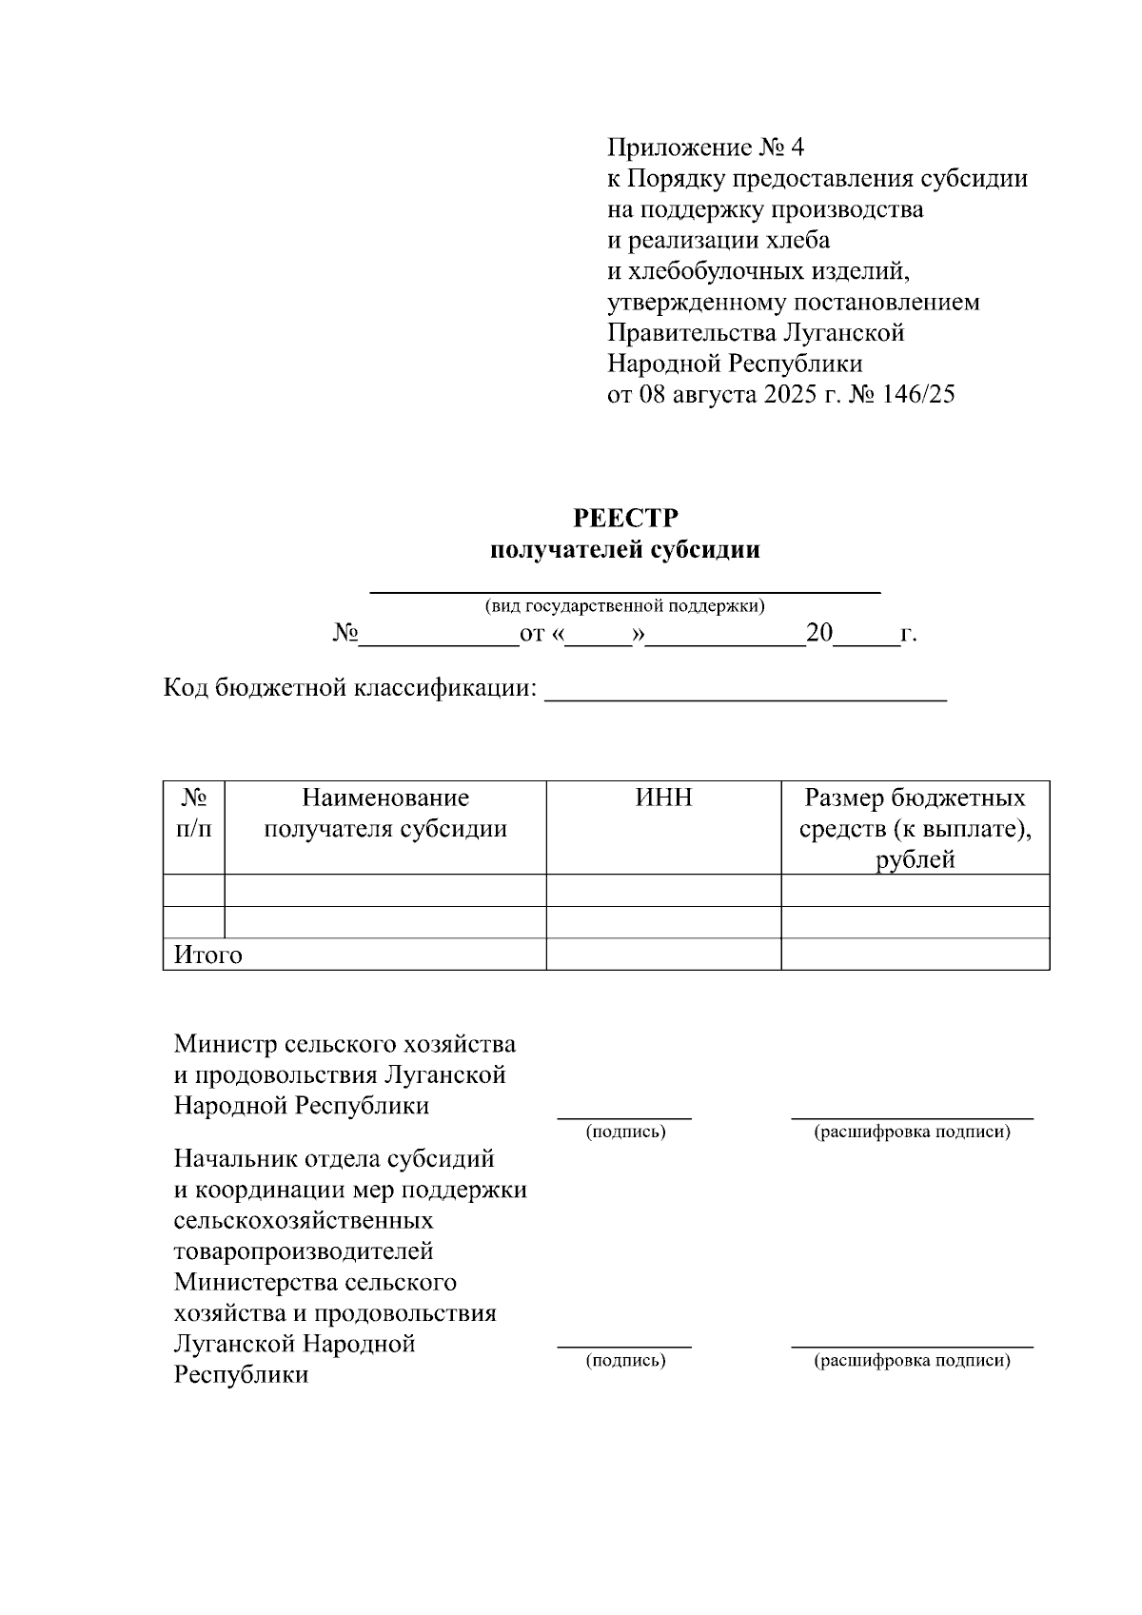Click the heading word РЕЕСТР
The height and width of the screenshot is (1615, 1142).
pyautogui.click(x=625, y=519)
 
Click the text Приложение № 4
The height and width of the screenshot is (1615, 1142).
pyautogui.click(x=705, y=148)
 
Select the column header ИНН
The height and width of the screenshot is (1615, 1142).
pyautogui.click(x=663, y=798)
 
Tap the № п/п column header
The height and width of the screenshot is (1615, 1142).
pyautogui.click(x=194, y=813)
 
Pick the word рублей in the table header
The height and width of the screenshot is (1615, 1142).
pyautogui.click(x=915, y=860)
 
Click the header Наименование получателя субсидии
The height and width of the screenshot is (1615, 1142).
pyautogui.click(x=385, y=813)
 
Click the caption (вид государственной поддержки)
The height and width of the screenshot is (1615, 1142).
pyautogui.click(x=624, y=605)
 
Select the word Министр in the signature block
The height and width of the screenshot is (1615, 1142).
pyautogui.click(x=226, y=1044)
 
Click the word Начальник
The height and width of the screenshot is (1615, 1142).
pyautogui.click(x=235, y=1158)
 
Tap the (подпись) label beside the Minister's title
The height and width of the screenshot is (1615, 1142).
pyautogui.click(x=624, y=1132)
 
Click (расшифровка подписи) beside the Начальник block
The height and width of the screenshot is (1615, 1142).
pyautogui.click(x=911, y=1360)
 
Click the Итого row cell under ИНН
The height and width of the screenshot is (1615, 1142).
pyautogui.click(x=663, y=955)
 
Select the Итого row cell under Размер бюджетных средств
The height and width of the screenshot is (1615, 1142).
pyautogui.click(x=915, y=955)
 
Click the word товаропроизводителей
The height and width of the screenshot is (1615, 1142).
pyautogui.click(x=304, y=1251)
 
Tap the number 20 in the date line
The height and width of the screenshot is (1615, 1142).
pyautogui.click(x=818, y=633)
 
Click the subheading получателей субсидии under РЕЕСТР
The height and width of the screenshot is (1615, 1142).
pyautogui.click(x=625, y=550)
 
